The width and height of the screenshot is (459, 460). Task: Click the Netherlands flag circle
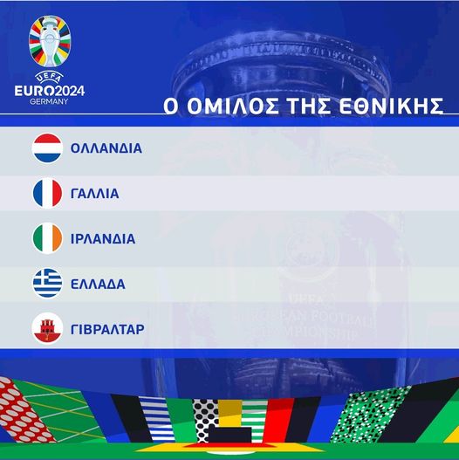(x=47, y=148)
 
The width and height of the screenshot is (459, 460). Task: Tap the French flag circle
(x=47, y=193)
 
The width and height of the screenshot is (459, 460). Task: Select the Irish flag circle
(x=47, y=238)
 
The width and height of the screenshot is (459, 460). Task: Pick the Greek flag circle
(x=47, y=284)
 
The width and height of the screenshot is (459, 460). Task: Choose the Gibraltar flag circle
(x=47, y=328)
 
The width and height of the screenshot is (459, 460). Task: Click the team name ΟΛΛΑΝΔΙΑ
(x=106, y=148)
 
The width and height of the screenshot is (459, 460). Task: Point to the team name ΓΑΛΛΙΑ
(x=95, y=194)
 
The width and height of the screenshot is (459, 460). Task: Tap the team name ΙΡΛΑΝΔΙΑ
(x=103, y=239)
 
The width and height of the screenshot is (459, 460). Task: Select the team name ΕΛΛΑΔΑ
(x=98, y=284)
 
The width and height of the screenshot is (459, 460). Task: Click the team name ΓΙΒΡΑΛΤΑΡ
(x=107, y=329)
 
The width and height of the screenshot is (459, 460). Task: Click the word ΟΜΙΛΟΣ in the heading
(x=232, y=106)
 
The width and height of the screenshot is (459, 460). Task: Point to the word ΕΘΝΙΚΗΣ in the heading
(x=391, y=106)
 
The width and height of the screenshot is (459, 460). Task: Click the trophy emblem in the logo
(x=50, y=41)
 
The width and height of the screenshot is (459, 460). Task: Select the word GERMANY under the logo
(x=49, y=101)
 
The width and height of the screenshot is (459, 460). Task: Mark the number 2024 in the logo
(x=70, y=91)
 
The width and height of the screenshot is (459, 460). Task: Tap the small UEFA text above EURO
(x=49, y=78)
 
